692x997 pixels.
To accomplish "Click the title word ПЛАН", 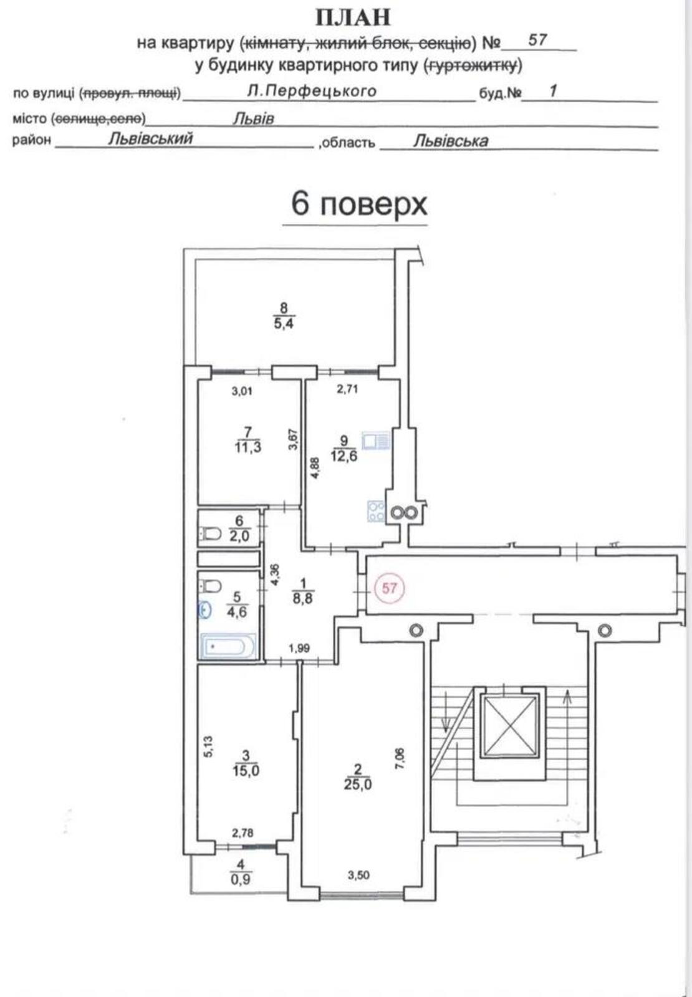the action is click(x=353, y=18).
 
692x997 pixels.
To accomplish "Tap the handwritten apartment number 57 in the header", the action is click(x=537, y=40).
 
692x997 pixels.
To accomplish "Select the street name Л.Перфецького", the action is click(x=312, y=91).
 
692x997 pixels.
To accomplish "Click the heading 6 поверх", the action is click(x=359, y=204).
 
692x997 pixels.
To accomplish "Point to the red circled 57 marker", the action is click(x=389, y=588).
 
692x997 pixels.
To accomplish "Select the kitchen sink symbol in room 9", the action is click(x=377, y=441).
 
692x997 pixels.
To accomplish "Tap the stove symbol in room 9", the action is click(x=377, y=511).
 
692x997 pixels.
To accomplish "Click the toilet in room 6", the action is click(x=212, y=532).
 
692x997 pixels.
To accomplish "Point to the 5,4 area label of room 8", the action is click(x=284, y=323).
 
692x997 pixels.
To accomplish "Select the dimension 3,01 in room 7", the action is click(x=242, y=392).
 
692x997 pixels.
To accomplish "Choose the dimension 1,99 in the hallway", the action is click(x=299, y=649).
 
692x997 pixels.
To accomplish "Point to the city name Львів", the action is click(x=253, y=118).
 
